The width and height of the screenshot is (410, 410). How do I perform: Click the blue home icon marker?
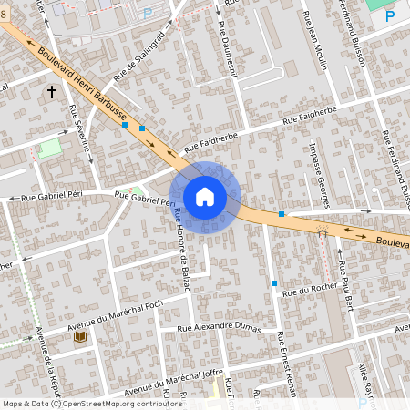pyautogui.click(x=205, y=196)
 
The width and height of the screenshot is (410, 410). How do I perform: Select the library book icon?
pyautogui.click(x=78, y=338)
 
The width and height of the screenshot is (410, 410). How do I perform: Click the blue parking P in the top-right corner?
pyautogui.click(x=390, y=15)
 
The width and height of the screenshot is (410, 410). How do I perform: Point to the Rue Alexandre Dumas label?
pyautogui.click(x=219, y=328)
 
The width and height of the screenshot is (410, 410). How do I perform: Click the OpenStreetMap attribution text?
pyautogui.click(x=79, y=404)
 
